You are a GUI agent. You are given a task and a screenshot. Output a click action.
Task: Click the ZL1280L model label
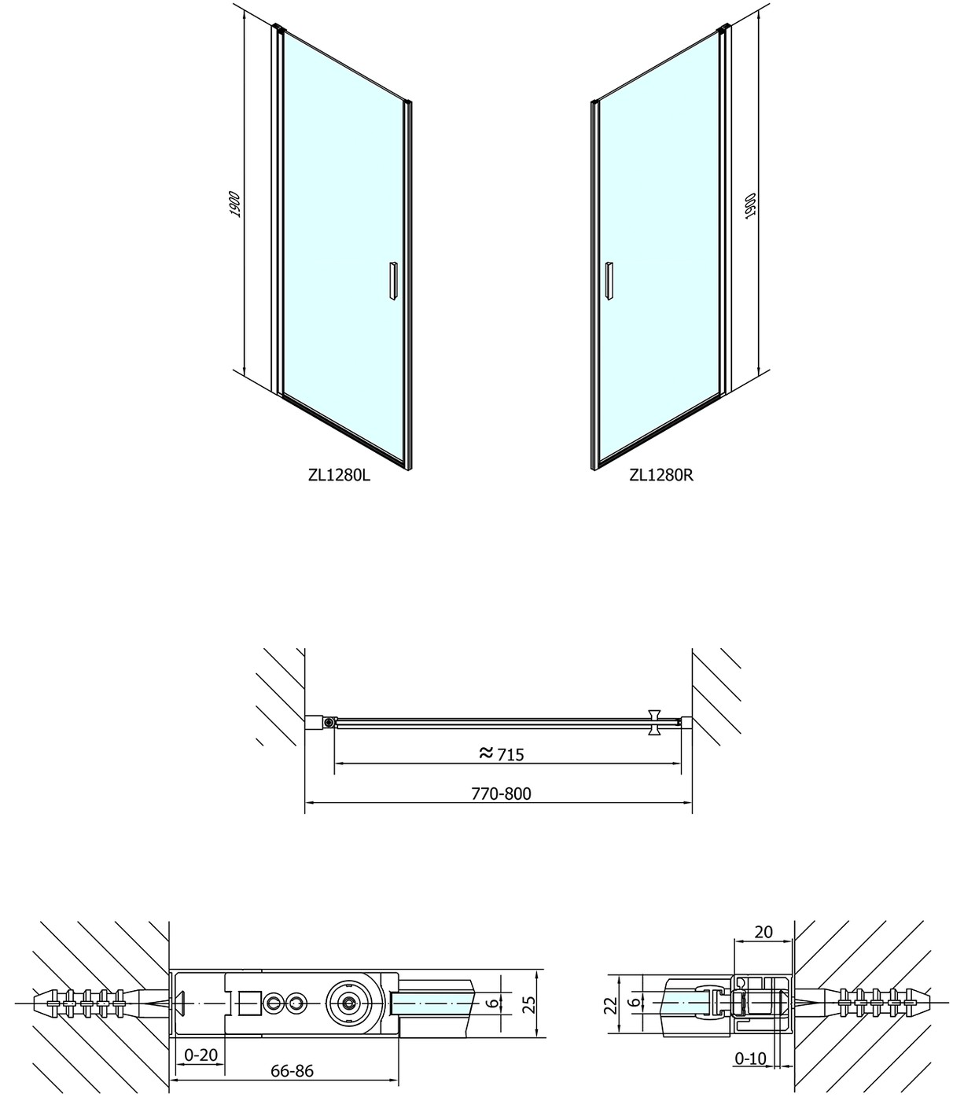(x=339, y=476)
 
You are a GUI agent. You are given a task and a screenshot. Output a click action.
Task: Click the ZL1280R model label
(x=661, y=476)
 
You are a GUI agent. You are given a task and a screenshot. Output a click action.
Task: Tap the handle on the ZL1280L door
(x=394, y=281)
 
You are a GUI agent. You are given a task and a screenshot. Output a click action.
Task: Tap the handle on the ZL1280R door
(x=609, y=281)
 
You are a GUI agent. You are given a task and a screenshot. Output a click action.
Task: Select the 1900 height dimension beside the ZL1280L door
(x=235, y=204)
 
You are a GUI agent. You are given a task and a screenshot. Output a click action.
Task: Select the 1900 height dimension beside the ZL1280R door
(x=751, y=205)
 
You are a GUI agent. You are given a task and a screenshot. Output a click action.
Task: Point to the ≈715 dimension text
(x=502, y=754)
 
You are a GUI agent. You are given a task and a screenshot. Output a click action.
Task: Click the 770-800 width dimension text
(x=502, y=794)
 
